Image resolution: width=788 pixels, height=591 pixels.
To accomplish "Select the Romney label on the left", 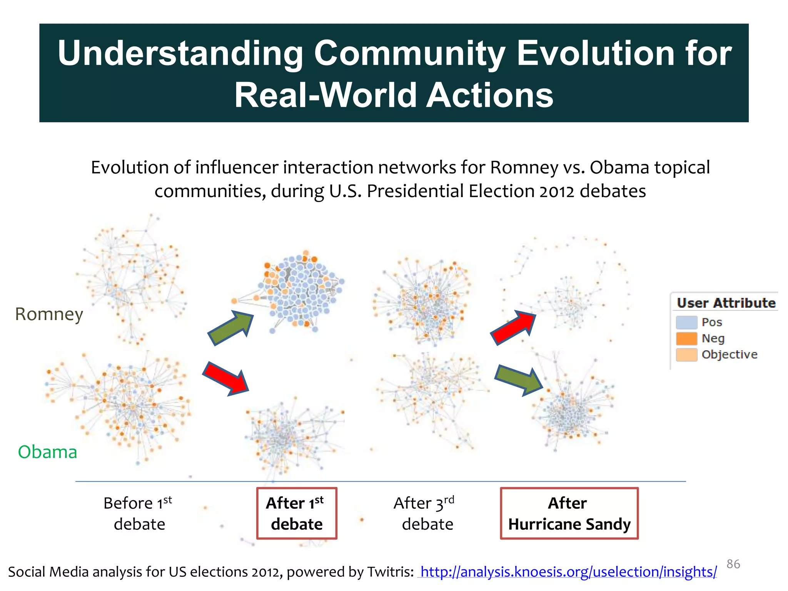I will tap(49, 314).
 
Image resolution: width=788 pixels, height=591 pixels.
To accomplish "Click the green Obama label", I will tap(47, 452).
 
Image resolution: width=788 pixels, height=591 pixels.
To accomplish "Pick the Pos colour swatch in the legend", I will tap(686, 322).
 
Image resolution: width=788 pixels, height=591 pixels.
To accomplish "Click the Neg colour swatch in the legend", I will tap(686, 338).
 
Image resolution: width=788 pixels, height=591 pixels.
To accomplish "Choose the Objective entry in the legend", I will tap(729, 354).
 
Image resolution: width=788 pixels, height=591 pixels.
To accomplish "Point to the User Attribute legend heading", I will tap(726, 303).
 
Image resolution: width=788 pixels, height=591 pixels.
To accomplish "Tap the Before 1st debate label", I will tap(139, 514).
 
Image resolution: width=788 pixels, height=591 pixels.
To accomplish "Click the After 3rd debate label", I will tap(425, 514).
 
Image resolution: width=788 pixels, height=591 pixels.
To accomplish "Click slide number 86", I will tap(733, 564).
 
